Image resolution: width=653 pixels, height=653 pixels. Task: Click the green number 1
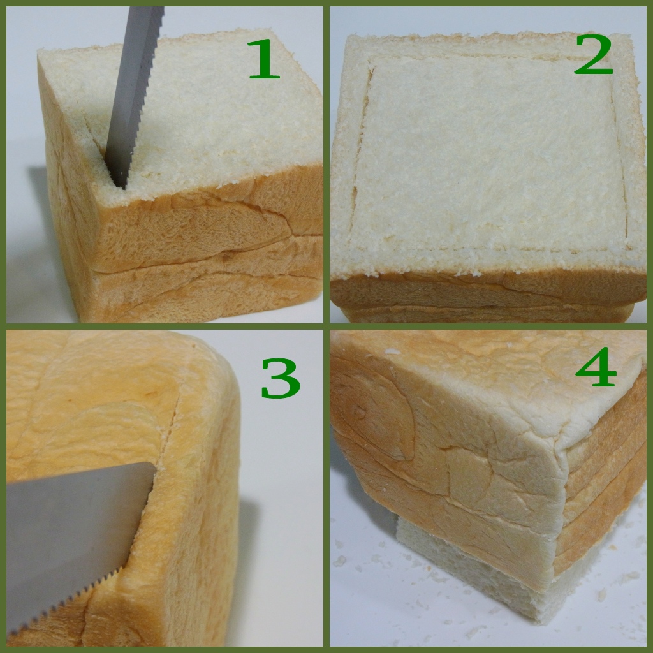coord(263,59)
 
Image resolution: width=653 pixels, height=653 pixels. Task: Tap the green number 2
coord(594,55)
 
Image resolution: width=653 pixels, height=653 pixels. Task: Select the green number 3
coord(281,378)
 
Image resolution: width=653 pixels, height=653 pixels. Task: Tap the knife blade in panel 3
coord(75,541)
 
